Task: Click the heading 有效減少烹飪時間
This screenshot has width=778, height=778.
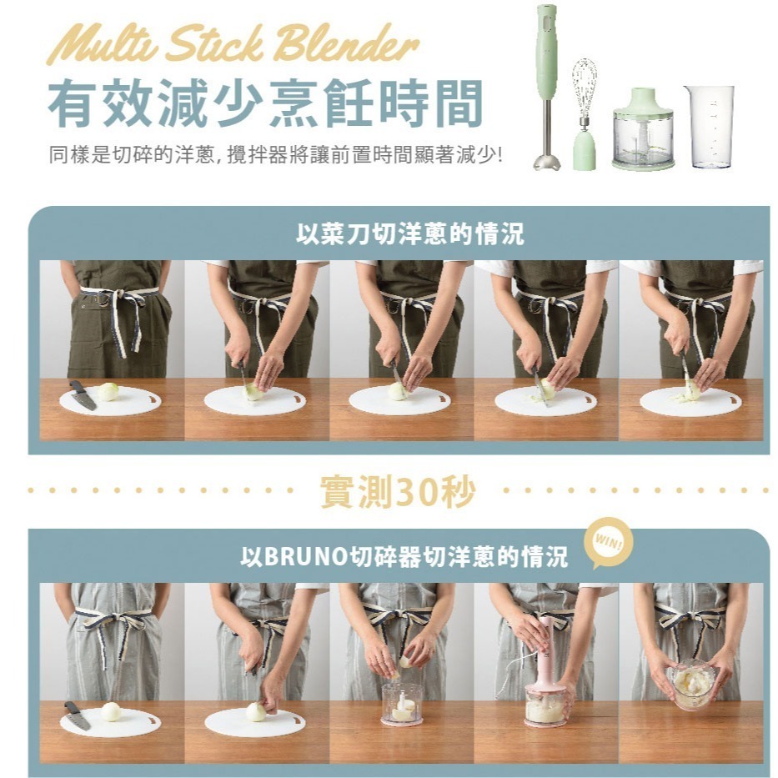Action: (x=265, y=104)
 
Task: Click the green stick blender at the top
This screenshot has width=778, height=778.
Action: (x=546, y=83)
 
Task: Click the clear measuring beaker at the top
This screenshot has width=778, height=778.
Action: (x=709, y=125)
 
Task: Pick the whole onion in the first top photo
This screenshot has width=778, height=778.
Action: (x=108, y=391)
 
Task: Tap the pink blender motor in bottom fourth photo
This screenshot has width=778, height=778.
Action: (x=545, y=655)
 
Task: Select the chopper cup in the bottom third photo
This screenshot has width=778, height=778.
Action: (x=402, y=703)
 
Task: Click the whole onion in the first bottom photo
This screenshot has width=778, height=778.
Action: (x=110, y=711)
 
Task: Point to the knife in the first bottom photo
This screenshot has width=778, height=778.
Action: (x=77, y=715)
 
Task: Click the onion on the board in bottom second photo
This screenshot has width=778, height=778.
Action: (x=256, y=712)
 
